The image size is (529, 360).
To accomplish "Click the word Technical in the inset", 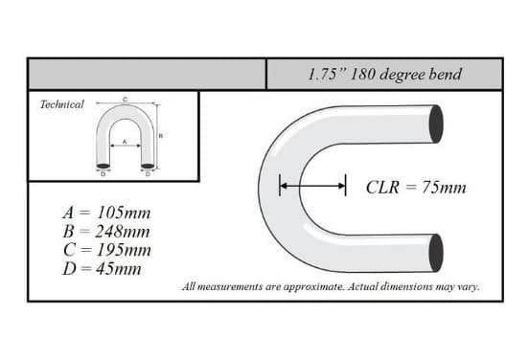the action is (x=61, y=104).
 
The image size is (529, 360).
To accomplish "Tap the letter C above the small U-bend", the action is (x=125, y=100).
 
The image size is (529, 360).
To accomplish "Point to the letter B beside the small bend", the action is (x=161, y=136).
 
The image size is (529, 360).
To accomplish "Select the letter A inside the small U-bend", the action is (x=125, y=142).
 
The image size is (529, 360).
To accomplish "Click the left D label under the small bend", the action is (x=103, y=174).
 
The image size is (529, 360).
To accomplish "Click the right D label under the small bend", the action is (x=148, y=174).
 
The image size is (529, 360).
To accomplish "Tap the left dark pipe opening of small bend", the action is (x=103, y=166).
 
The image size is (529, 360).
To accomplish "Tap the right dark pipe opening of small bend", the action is (x=148, y=166).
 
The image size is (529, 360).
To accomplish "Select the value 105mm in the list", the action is (x=124, y=214).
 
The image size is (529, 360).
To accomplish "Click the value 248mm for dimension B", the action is (x=123, y=232).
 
